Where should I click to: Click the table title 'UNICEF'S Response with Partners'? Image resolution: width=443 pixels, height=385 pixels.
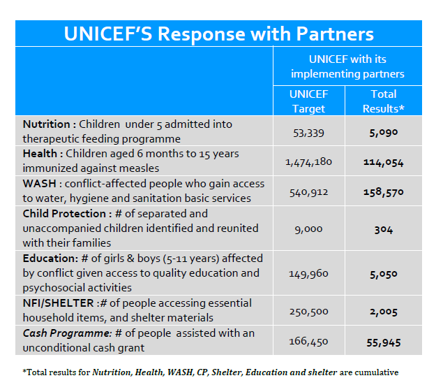[218, 34]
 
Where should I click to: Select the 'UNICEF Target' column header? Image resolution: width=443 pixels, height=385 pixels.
[308, 101]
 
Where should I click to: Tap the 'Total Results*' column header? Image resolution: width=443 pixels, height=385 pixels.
[383, 101]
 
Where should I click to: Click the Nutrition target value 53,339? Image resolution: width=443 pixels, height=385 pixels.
[308, 131]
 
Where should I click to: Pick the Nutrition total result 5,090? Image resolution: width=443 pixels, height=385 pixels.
[383, 131]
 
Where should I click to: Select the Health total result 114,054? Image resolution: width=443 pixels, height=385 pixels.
[383, 162]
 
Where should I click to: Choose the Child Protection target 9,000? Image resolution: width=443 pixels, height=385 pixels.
[308, 229]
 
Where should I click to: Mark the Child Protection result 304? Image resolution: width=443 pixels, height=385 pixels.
[383, 229]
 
